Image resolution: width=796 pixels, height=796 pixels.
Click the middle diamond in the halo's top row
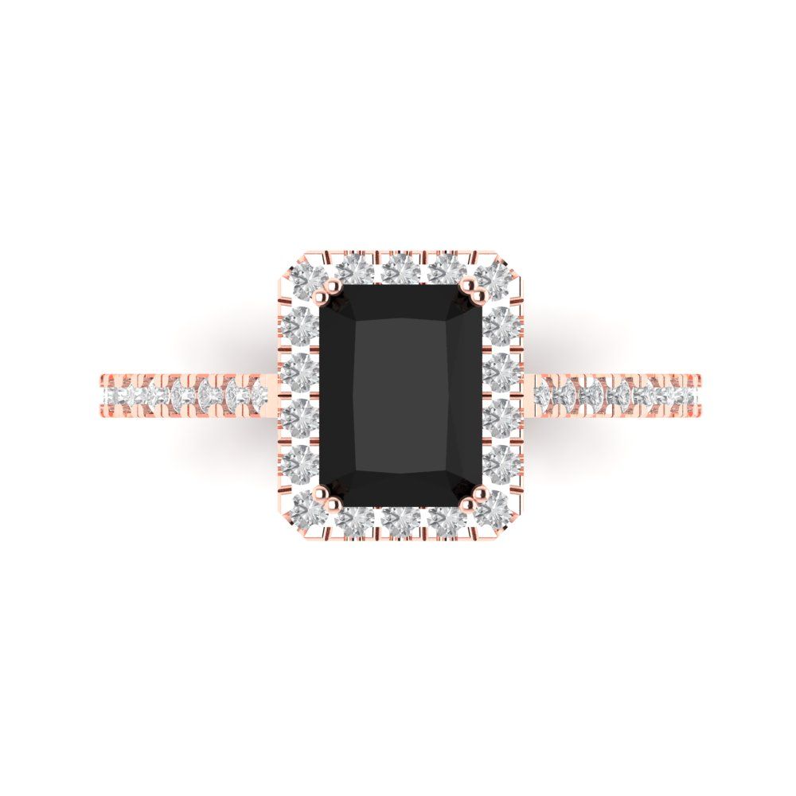400,271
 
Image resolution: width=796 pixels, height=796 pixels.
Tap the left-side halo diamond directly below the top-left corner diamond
299,323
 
